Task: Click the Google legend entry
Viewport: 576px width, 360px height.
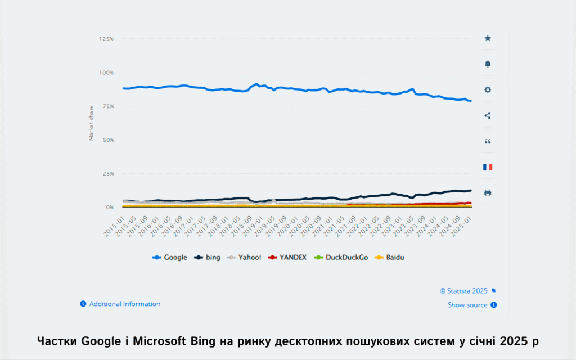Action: coord(170,257)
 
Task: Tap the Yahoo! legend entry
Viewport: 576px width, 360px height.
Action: coord(244,257)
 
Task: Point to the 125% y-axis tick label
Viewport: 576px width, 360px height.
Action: coord(106,39)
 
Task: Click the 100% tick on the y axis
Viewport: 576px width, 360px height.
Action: coord(106,73)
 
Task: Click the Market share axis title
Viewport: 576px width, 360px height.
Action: coord(91,123)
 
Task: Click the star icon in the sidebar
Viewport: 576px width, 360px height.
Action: coord(488,38)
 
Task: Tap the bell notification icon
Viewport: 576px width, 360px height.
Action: coord(488,64)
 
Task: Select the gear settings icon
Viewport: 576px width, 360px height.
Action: coord(488,90)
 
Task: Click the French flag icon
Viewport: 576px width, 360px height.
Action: coord(488,167)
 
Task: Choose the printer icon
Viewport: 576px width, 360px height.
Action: coord(488,193)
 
